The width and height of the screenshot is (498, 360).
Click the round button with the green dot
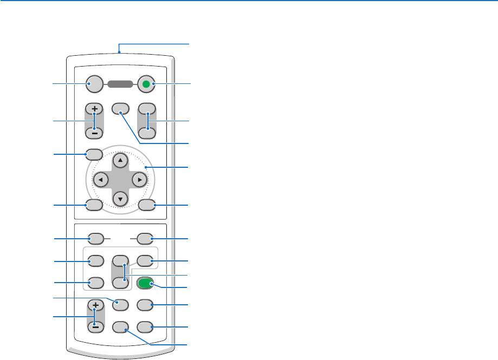coord(146,84)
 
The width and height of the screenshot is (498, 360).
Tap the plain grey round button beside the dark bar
coord(94,84)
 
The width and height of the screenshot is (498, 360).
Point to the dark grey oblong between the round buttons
coord(120,84)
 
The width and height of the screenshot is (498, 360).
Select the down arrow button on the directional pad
coord(120,198)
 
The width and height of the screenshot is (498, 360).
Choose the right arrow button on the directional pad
coord(139,179)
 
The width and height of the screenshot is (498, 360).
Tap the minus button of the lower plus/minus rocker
coord(94,326)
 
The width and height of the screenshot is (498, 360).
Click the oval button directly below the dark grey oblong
coord(121,108)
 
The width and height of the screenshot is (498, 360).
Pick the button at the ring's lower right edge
coord(146,205)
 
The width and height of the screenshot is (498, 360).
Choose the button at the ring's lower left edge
coord(94,205)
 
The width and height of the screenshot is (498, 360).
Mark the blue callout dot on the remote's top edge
coord(119,53)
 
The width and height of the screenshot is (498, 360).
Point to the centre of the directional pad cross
coord(120,179)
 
